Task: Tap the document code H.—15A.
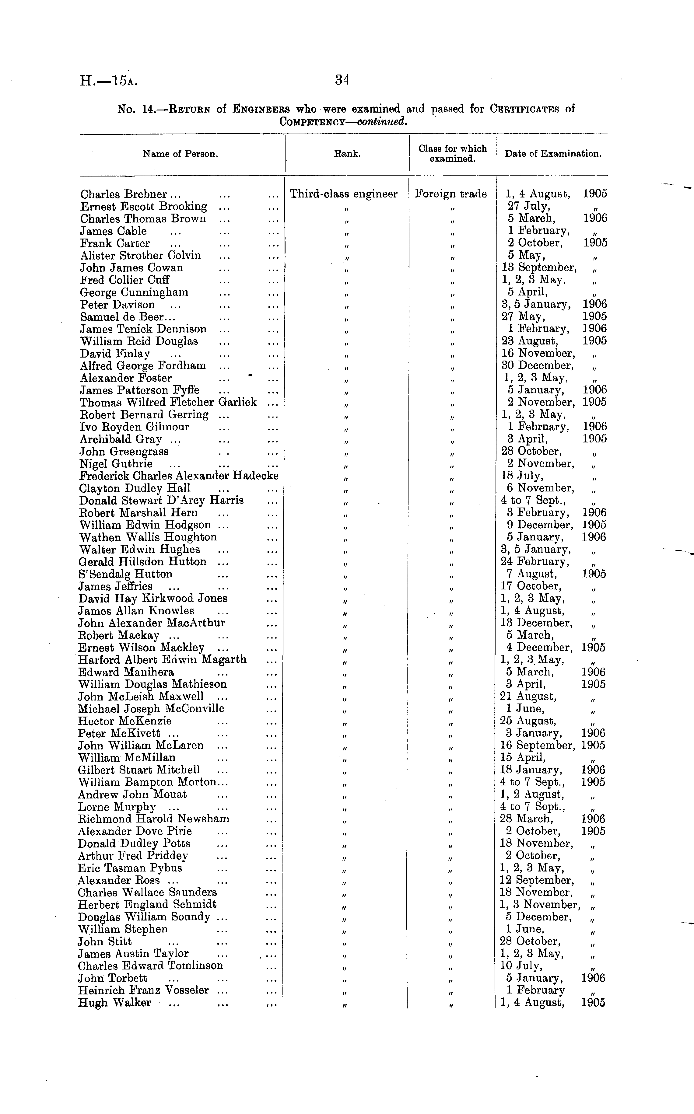click(108, 81)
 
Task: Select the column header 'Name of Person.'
click(181, 154)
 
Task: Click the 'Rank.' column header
click(347, 154)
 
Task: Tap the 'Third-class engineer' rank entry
click(343, 194)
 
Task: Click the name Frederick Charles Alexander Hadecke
click(179, 476)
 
